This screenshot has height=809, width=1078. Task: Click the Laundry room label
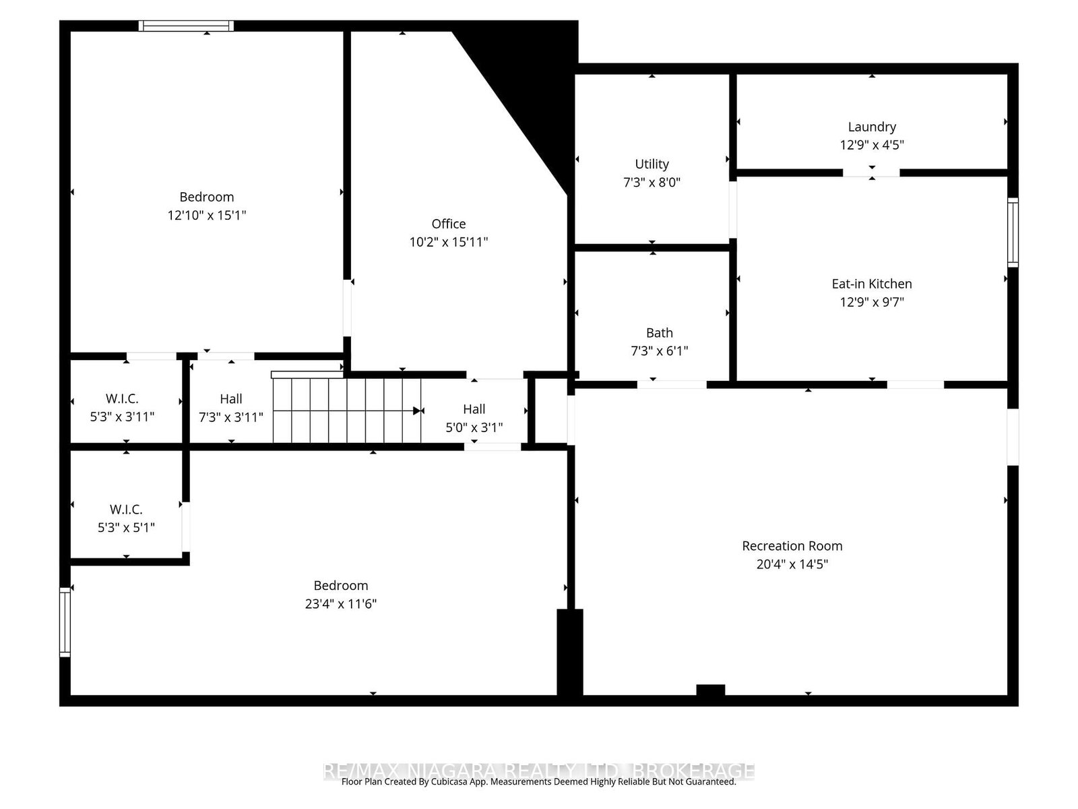coord(871,127)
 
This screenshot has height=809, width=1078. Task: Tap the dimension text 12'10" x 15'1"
coord(207,215)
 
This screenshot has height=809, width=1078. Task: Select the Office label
coord(448,224)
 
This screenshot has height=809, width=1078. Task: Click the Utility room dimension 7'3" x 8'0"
coord(652,182)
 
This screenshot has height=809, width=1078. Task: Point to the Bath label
coord(659,332)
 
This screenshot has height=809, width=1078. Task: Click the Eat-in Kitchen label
coord(871,284)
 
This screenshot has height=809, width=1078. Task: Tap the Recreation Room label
coord(792,546)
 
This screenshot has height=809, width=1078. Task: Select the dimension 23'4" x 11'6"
coord(340,603)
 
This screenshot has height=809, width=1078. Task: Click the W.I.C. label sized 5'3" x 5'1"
coord(126,509)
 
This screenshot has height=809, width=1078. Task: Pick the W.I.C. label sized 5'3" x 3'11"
coord(122,398)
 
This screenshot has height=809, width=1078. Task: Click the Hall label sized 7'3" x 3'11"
coord(230,398)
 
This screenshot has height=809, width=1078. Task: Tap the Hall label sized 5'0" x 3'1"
coord(474,409)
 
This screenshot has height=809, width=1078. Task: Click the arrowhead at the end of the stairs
coord(418,411)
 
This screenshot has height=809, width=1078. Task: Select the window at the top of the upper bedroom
coord(187,26)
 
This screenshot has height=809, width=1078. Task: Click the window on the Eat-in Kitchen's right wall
coord(1012,233)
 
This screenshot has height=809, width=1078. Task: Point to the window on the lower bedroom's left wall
coord(65,622)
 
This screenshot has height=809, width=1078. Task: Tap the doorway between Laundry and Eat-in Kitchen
coord(871,173)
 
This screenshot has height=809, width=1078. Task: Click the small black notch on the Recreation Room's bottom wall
coord(710,690)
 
